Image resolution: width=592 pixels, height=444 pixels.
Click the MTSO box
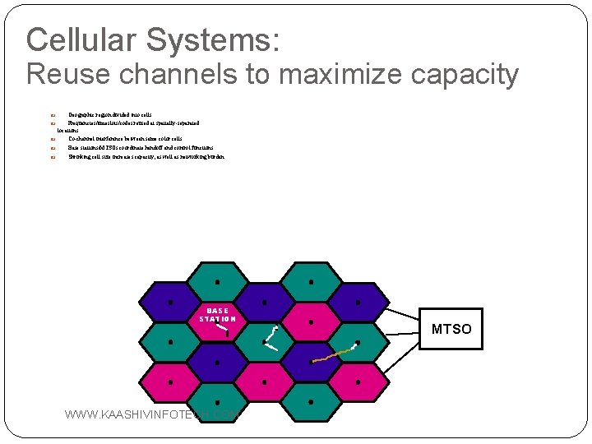tap(451, 329)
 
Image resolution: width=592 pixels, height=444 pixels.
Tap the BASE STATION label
tap(217, 314)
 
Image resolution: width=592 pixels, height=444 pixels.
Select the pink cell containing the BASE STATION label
tap(217, 329)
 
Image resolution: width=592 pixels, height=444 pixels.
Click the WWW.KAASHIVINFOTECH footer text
tap(148, 414)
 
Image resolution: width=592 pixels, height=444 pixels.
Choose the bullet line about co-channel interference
tap(124, 139)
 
